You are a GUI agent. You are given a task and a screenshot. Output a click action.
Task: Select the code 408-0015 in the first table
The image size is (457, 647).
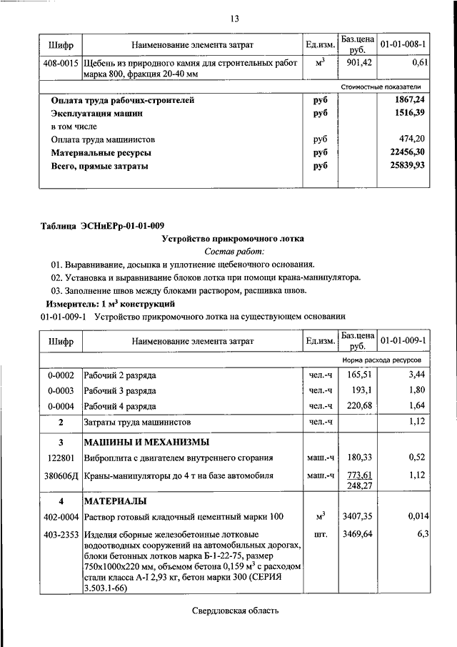[60, 64]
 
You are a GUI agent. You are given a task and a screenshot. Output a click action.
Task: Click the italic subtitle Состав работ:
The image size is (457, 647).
[233, 252]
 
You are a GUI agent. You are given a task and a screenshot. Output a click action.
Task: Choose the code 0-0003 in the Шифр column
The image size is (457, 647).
[60, 390]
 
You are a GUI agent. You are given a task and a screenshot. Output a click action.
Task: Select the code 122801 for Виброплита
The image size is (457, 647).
[61, 458]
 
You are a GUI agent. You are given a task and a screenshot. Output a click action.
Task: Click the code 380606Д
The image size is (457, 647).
[60, 475]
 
